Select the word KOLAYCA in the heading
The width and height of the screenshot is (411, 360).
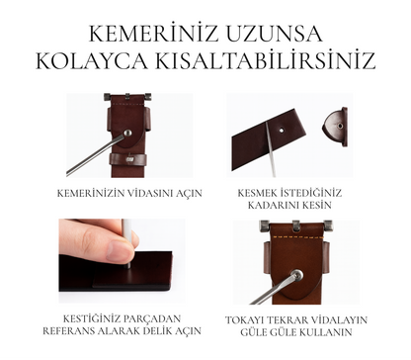92,60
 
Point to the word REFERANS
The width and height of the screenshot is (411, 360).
68,330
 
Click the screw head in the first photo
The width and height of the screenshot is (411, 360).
127,134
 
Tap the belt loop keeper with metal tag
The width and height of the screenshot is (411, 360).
127,159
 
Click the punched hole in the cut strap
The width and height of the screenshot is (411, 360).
282,130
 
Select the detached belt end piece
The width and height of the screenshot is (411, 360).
335,127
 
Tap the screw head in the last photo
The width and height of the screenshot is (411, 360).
298,275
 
